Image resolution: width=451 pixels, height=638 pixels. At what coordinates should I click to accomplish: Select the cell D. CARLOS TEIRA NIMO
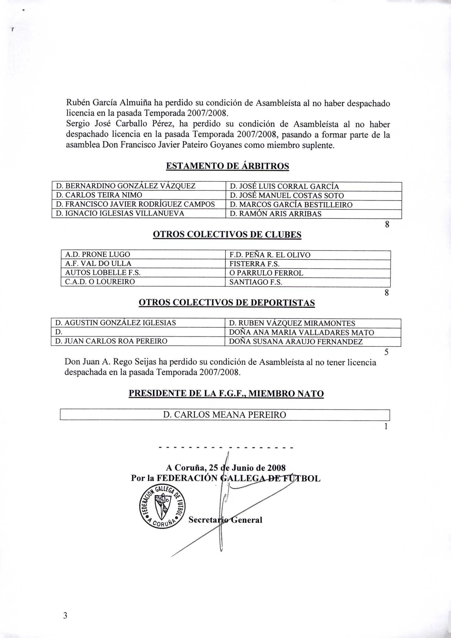[x=138, y=195]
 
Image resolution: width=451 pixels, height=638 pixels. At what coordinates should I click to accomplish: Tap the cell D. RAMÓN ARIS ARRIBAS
[x=313, y=214]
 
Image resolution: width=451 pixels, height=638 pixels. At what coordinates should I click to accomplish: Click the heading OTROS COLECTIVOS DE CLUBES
[x=227, y=235]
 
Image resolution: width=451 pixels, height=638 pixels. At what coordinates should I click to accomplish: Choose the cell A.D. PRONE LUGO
[x=142, y=255]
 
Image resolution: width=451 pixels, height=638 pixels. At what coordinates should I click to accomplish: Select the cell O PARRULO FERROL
[x=307, y=273]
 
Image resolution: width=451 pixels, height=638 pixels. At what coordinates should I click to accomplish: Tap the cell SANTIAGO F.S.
[x=307, y=282]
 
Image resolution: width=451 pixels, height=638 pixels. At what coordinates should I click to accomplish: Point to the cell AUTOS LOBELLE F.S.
[x=142, y=273]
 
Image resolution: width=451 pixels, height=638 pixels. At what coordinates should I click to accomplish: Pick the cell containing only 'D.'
[x=138, y=332]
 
